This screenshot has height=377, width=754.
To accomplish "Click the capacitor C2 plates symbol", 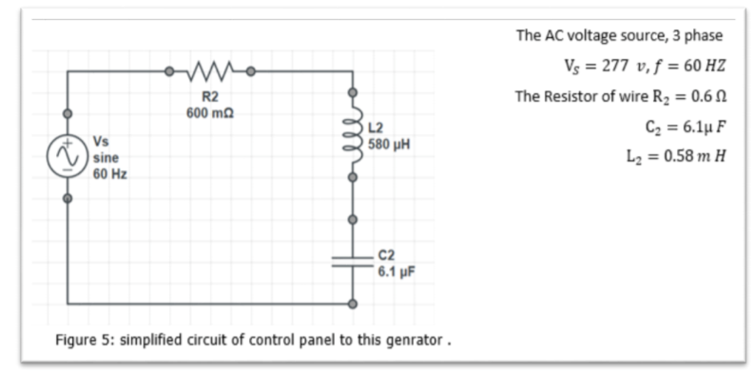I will [x=353, y=263].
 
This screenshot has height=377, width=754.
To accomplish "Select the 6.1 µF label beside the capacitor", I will [x=394, y=270].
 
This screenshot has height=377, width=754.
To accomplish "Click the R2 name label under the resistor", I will [x=210, y=97].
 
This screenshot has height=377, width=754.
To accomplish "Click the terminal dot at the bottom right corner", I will [x=353, y=305].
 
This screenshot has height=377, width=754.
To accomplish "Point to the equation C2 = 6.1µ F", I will [x=685, y=126].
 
